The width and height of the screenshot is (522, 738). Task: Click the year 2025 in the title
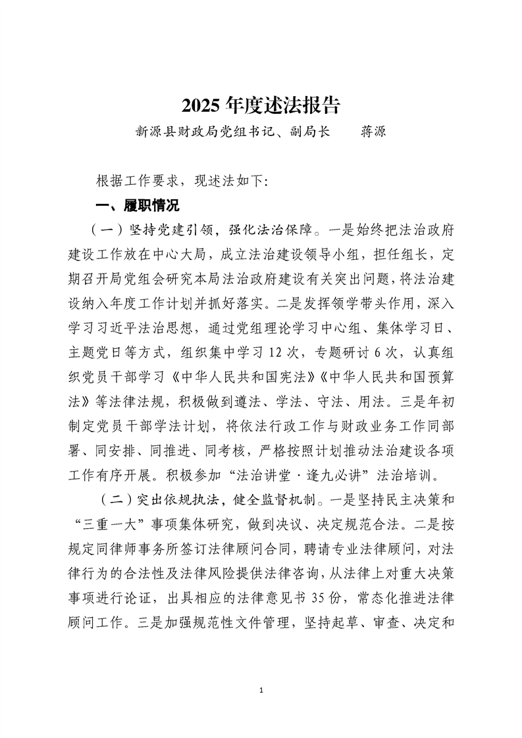(x=201, y=105)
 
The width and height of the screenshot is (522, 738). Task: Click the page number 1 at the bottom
(x=261, y=690)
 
